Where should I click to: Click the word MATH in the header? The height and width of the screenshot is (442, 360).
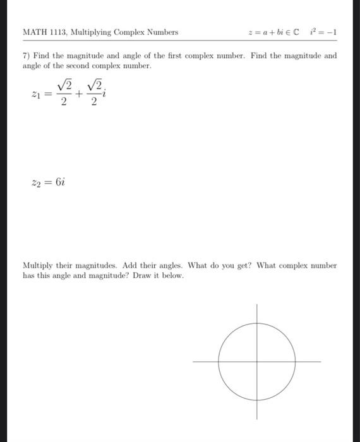[x=33, y=32]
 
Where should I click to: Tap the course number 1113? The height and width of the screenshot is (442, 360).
[x=57, y=32]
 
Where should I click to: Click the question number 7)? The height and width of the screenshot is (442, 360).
[x=26, y=56]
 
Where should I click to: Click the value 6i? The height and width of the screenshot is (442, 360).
[x=60, y=181]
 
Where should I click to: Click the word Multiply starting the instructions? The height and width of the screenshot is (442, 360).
[x=37, y=266]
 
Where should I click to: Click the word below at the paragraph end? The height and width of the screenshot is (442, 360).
[x=172, y=275]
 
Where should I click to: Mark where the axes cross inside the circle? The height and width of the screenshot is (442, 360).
[x=257, y=362]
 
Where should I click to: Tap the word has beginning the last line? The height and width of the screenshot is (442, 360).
[x=28, y=275]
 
